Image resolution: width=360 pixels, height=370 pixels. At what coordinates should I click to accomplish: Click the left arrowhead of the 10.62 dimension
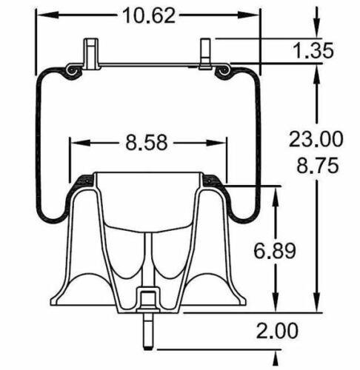[x=41, y=14]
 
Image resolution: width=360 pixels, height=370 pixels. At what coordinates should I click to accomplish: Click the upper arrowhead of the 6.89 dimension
[x=278, y=192]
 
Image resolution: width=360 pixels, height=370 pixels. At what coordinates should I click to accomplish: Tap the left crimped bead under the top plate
[x=72, y=70]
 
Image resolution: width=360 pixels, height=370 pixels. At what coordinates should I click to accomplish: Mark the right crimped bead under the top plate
[x=224, y=70]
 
